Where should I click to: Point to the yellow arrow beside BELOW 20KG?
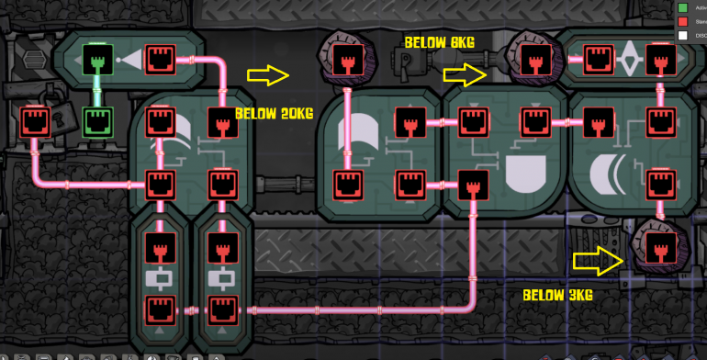coord(268,75)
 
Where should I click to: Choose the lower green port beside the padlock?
coord(96,120)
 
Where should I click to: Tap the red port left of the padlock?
coord(34,120)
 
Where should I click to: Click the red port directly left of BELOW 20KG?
coord(221,120)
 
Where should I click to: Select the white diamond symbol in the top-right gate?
coord(629,62)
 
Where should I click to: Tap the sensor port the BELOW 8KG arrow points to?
coord(531,61)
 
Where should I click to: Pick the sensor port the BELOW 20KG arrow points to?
coord(346,61)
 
